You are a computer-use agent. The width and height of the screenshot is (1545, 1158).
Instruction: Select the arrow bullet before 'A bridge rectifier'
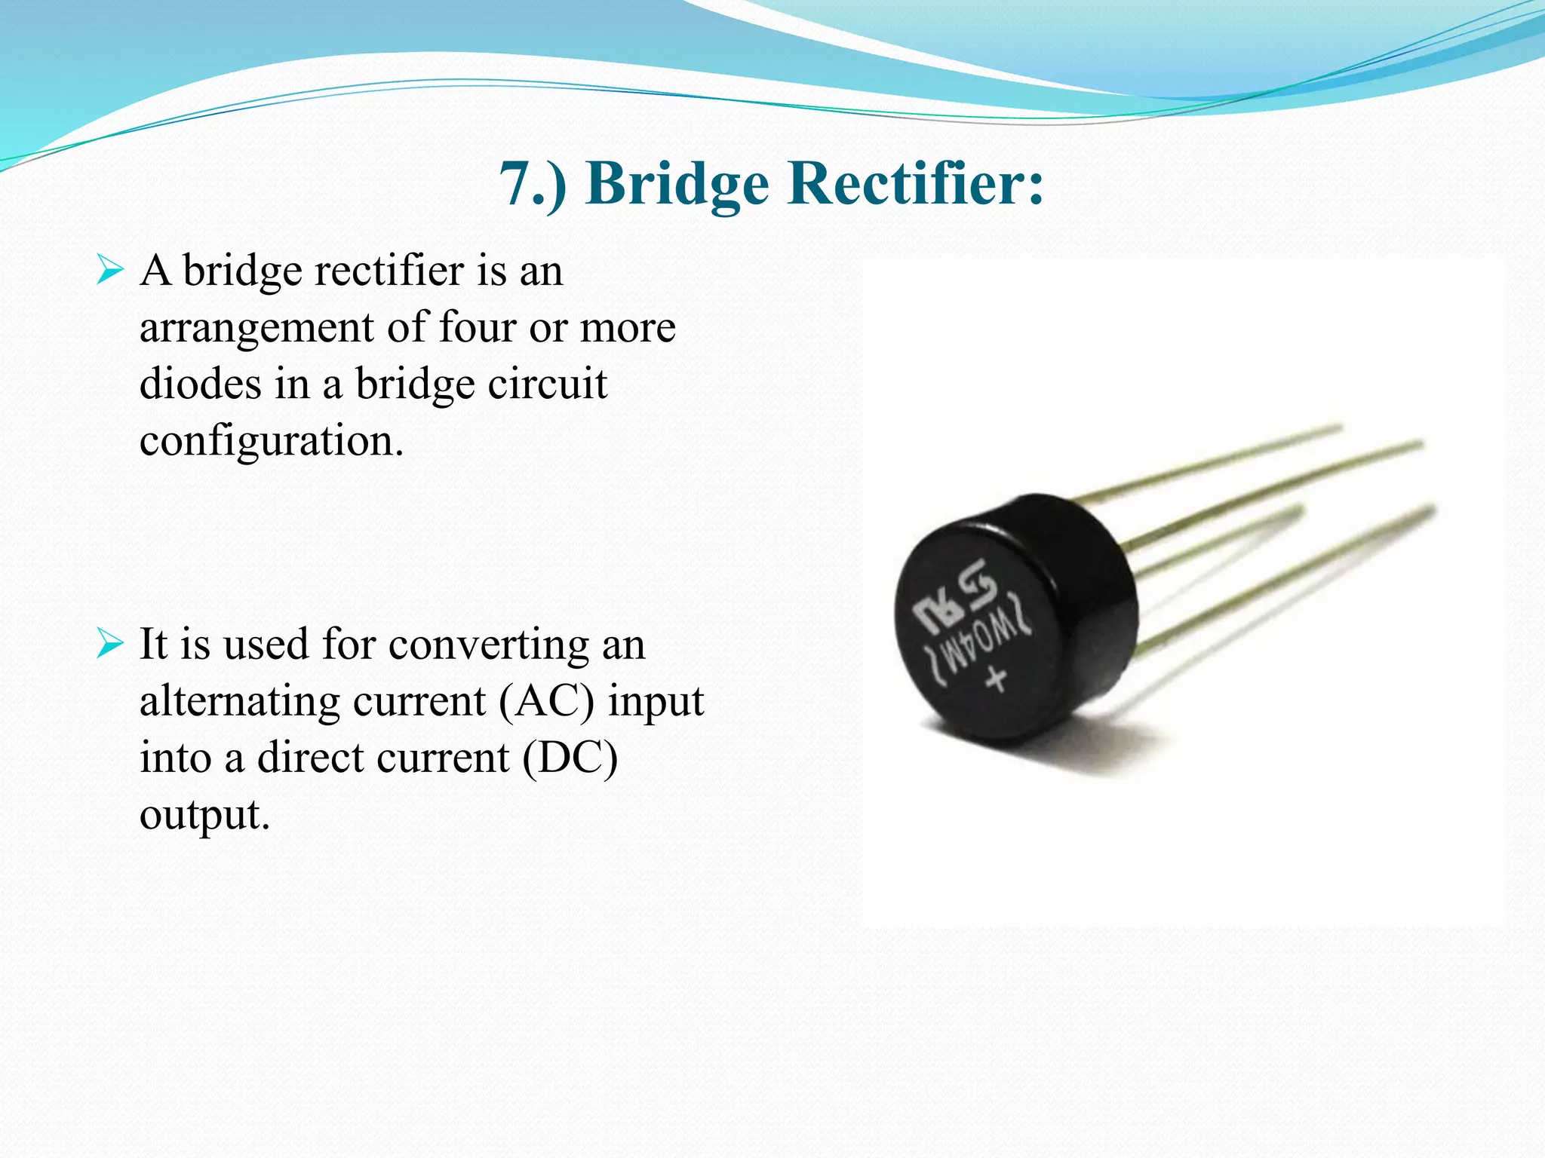(x=109, y=270)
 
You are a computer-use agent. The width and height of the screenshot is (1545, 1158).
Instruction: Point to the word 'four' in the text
(x=477, y=327)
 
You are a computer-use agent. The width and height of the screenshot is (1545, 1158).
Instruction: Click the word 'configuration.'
(x=272, y=442)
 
